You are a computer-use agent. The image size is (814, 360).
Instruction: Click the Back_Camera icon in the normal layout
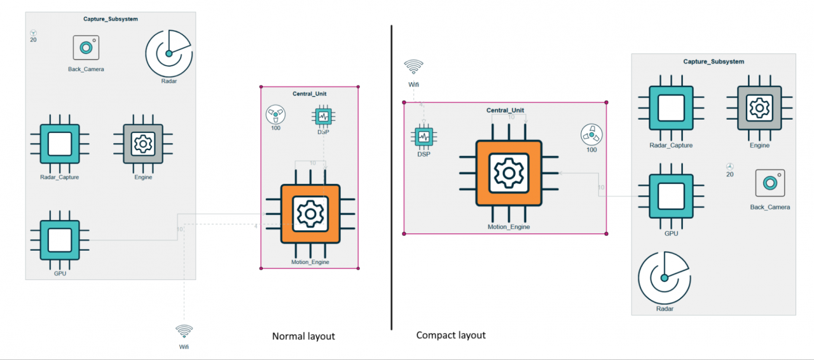click(86, 48)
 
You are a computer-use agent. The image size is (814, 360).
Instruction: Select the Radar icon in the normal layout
click(169, 53)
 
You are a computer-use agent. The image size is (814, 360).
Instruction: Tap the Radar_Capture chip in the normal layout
click(60, 144)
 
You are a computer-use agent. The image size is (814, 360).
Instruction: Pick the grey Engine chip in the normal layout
click(143, 144)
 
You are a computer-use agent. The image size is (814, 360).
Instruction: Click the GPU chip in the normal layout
click(60, 240)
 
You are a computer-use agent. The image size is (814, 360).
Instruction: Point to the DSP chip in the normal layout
click(324, 116)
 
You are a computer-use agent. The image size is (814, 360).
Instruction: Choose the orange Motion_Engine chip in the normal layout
click(310, 214)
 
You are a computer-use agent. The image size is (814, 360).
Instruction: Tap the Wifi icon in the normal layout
click(184, 331)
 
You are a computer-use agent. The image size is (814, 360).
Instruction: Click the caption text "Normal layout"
click(303, 336)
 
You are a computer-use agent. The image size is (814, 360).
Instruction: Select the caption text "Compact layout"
click(451, 335)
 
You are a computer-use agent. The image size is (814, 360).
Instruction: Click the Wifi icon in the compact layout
click(414, 67)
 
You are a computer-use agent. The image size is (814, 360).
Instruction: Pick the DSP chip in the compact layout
click(424, 137)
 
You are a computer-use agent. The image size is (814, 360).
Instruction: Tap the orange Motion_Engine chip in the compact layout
click(509, 172)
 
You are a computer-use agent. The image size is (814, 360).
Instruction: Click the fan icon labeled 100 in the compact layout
click(591, 135)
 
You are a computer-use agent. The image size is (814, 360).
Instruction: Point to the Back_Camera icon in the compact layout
click(770, 183)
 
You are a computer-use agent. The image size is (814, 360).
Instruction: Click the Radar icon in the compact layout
click(664, 277)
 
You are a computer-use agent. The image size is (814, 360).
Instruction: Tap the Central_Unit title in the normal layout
click(310, 93)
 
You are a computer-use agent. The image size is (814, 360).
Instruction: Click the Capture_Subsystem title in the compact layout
click(714, 62)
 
